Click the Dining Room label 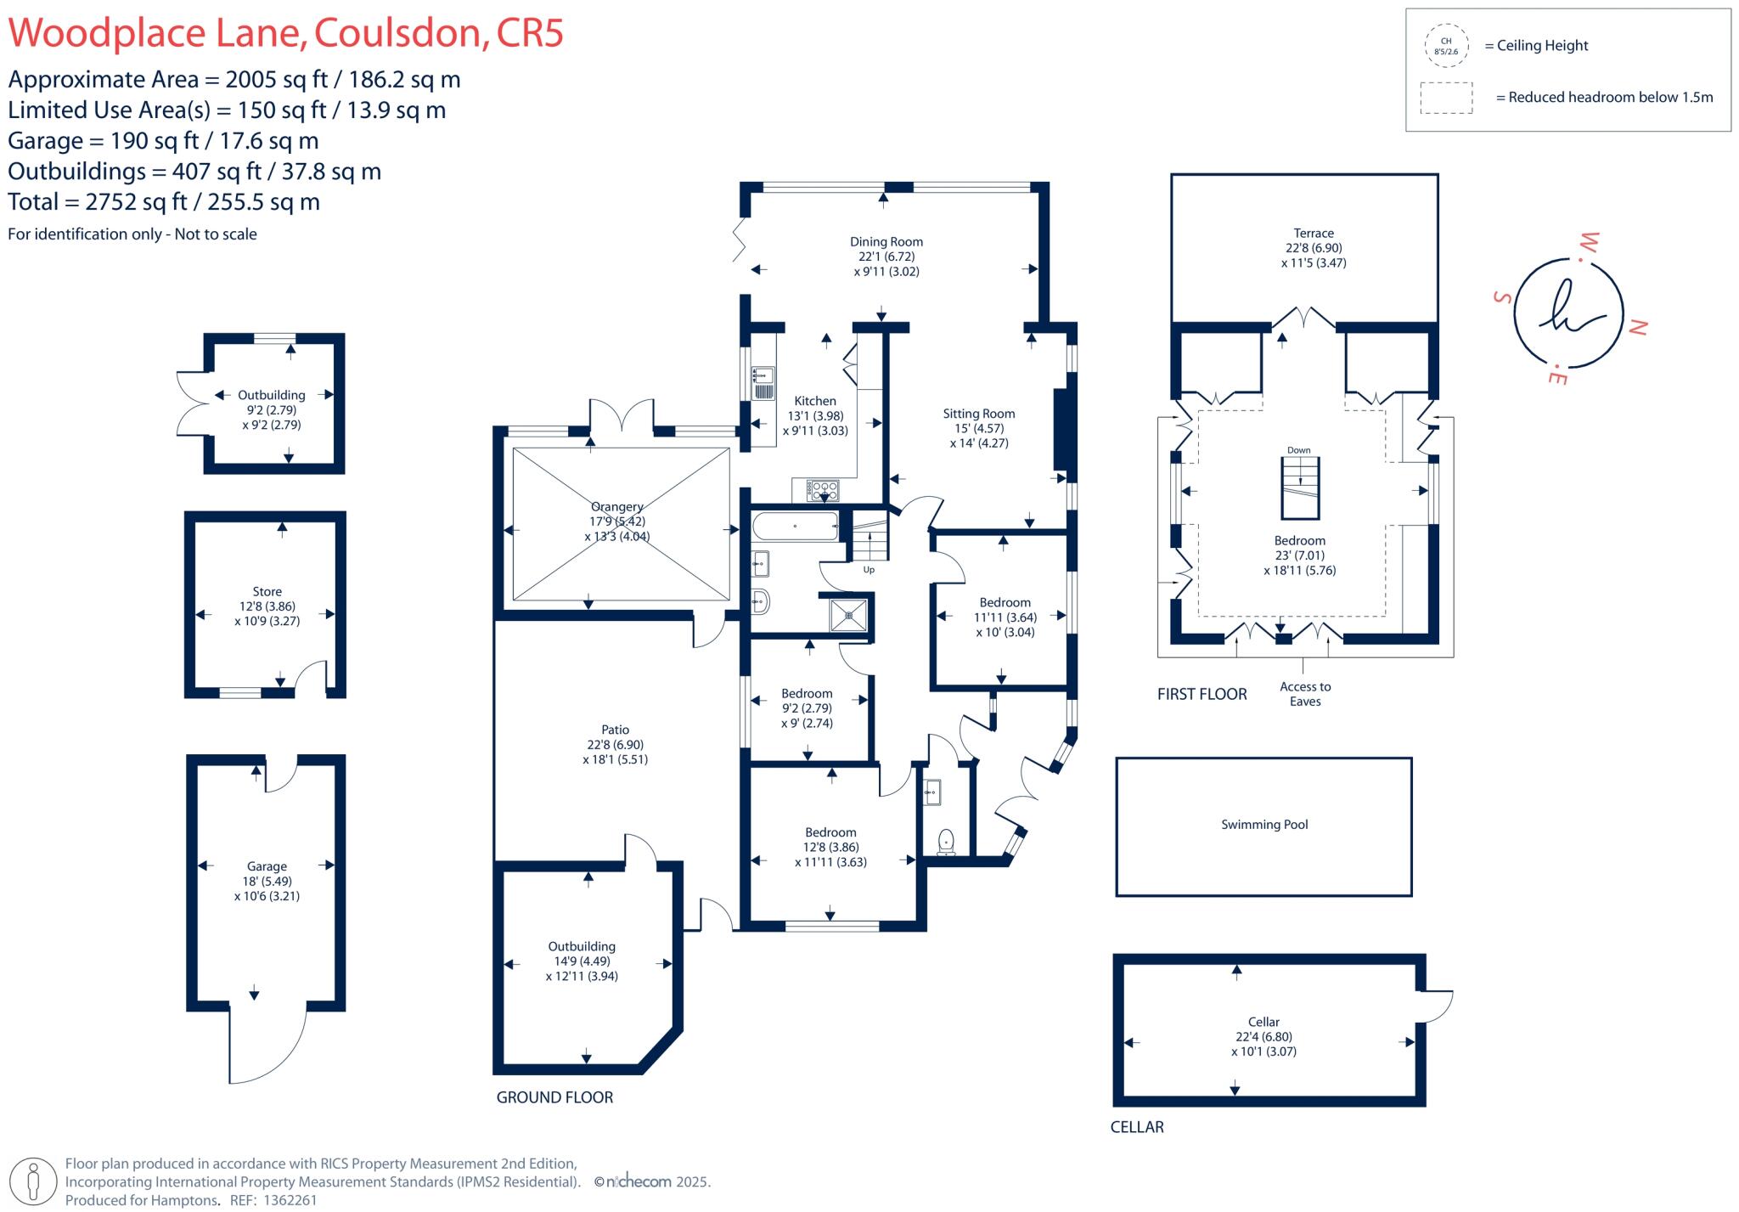[x=886, y=242]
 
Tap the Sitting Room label [x=978, y=414]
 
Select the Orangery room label [x=616, y=507]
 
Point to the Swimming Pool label [x=1263, y=825]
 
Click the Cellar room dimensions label [x=1263, y=1044]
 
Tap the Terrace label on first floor [x=1313, y=234]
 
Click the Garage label [x=267, y=867]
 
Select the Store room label [x=267, y=592]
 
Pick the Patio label [x=615, y=730]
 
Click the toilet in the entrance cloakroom [x=946, y=842]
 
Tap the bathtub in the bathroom [x=794, y=527]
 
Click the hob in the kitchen [x=823, y=490]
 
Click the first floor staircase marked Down [x=1299, y=488]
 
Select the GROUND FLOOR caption [x=554, y=1097]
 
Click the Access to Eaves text [x=1305, y=694]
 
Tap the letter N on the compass [x=1638, y=327]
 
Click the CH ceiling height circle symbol [x=1445, y=46]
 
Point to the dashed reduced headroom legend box [x=1445, y=98]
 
